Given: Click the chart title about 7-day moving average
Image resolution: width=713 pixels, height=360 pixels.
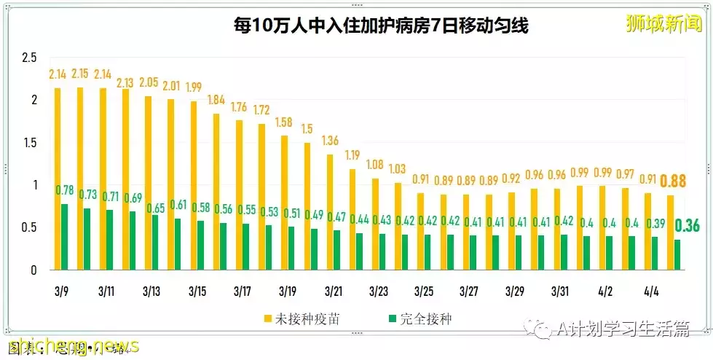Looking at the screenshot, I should pos(380,26).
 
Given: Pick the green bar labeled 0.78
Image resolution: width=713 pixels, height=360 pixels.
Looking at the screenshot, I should pos(65,237).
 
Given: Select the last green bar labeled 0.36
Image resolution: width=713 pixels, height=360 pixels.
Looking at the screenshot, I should pos(677,255).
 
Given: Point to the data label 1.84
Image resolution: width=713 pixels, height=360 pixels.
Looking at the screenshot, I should pos(217,100).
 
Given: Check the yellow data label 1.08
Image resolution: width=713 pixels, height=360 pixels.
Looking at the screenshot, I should pos(376,165).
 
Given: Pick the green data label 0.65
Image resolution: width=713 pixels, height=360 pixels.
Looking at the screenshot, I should pos(156,208).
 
